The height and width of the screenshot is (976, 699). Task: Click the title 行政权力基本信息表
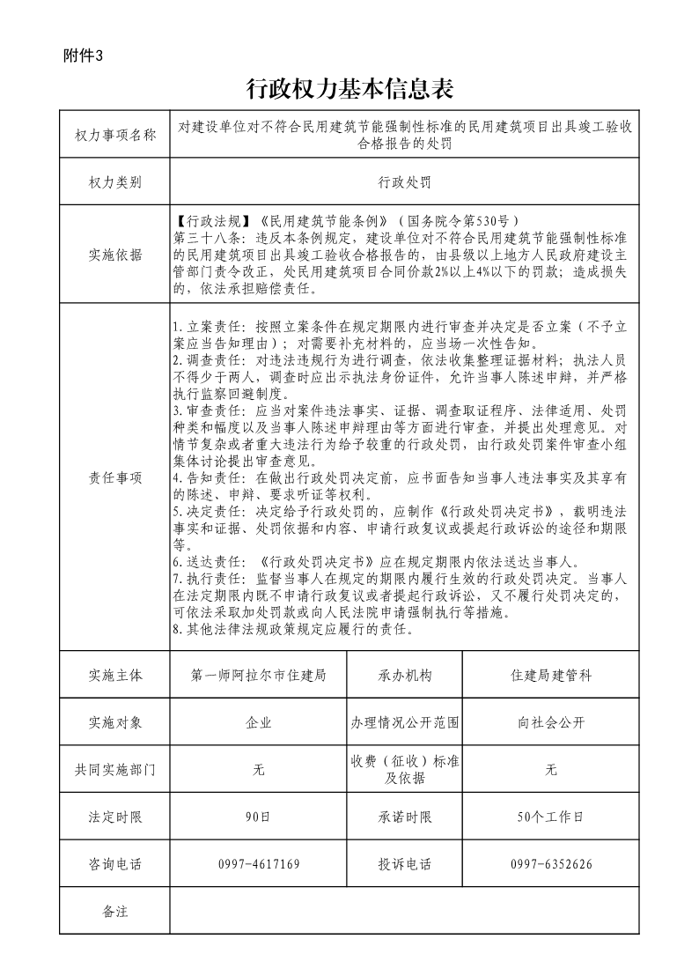(349, 89)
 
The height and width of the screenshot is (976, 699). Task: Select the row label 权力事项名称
(115, 135)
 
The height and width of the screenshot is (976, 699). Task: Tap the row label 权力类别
(115, 182)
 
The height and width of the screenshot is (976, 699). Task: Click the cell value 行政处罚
(404, 182)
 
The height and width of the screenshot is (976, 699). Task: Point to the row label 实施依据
(115, 255)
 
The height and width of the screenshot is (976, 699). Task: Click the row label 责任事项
(115, 477)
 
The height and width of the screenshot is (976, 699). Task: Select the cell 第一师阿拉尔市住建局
(259, 676)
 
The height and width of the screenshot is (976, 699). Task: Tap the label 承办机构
(405, 676)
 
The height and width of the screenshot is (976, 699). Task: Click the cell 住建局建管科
(551, 676)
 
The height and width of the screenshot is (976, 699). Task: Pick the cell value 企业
(259, 722)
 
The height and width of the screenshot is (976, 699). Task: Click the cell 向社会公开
(551, 722)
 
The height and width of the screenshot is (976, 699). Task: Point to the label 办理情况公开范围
(405, 722)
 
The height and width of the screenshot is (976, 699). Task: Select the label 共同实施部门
(115, 770)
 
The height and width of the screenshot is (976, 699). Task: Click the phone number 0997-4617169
(259, 864)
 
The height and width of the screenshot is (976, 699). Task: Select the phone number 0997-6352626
(551, 864)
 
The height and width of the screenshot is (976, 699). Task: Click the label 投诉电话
(405, 864)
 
